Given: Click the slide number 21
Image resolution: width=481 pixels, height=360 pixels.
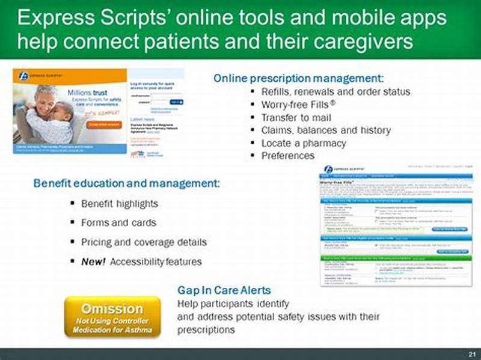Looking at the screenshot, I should coord(472,352).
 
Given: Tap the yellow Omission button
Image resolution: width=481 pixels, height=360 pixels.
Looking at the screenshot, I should coord(112,316).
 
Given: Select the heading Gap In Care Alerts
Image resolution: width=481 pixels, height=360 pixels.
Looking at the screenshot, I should coord(224,290).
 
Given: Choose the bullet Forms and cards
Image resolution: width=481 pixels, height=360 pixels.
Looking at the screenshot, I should coord(118,222).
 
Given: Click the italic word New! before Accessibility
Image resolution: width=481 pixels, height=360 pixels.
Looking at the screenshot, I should coord(93,261).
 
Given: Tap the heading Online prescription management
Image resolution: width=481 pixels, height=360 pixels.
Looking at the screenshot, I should coord(298,78).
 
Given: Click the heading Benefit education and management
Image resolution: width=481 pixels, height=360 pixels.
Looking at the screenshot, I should coord(127,182).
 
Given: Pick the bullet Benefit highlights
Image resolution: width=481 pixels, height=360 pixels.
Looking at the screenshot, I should coord(120,203).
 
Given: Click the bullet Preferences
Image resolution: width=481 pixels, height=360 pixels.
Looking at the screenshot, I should coord(287,156).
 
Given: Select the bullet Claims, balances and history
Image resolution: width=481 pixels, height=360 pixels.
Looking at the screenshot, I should coord(325,130).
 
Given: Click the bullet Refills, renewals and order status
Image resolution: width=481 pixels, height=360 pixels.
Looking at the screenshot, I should coord(335,91).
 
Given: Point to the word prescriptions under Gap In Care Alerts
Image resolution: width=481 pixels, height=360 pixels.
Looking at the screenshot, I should coord(206,330).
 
